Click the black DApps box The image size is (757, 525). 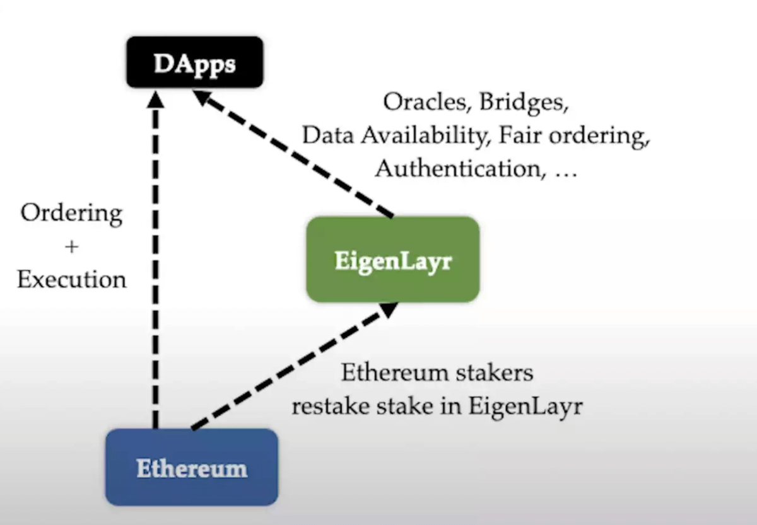[x=194, y=62]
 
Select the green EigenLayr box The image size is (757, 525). [x=392, y=260]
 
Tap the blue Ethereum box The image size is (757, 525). [x=191, y=468]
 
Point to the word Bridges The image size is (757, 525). [x=524, y=102]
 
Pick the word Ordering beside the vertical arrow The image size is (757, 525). [x=71, y=214]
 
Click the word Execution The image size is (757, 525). [x=71, y=279]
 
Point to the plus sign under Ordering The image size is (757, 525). [x=71, y=246]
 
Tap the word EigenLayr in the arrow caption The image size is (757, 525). [x=525, y=407]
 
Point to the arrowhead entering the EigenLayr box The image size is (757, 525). [x=389, y=309]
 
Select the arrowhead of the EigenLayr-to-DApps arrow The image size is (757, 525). [x=203, y=99]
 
